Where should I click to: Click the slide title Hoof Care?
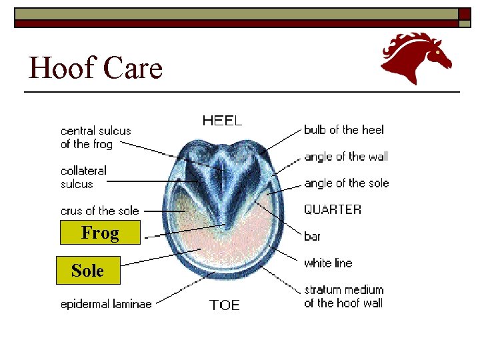click(x=95, y=68)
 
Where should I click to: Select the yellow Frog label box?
click(x=100, y=233)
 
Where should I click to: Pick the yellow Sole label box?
click(x=87, y=271)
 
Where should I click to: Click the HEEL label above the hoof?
click(x=222, y=121)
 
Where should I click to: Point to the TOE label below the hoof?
click(x=224, y=305)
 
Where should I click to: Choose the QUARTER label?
click(x=333, y=209)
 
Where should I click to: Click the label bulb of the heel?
click(x=344, y=130)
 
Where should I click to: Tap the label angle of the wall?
click(x=346, y=157)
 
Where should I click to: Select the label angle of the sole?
click(x=346, y=183)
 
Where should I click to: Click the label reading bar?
click(x=312, y=237)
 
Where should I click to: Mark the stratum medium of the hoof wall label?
click(x=344, y=297)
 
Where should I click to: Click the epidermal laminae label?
click(x=106, y=304)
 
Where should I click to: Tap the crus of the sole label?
click(x=100, y=211)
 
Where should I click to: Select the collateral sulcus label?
click(x=83, y=177)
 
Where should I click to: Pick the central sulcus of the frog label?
click(x=95, y=137)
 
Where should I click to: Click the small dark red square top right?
click(x=465, y=14)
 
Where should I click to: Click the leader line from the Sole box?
click(x=160, y=257)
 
